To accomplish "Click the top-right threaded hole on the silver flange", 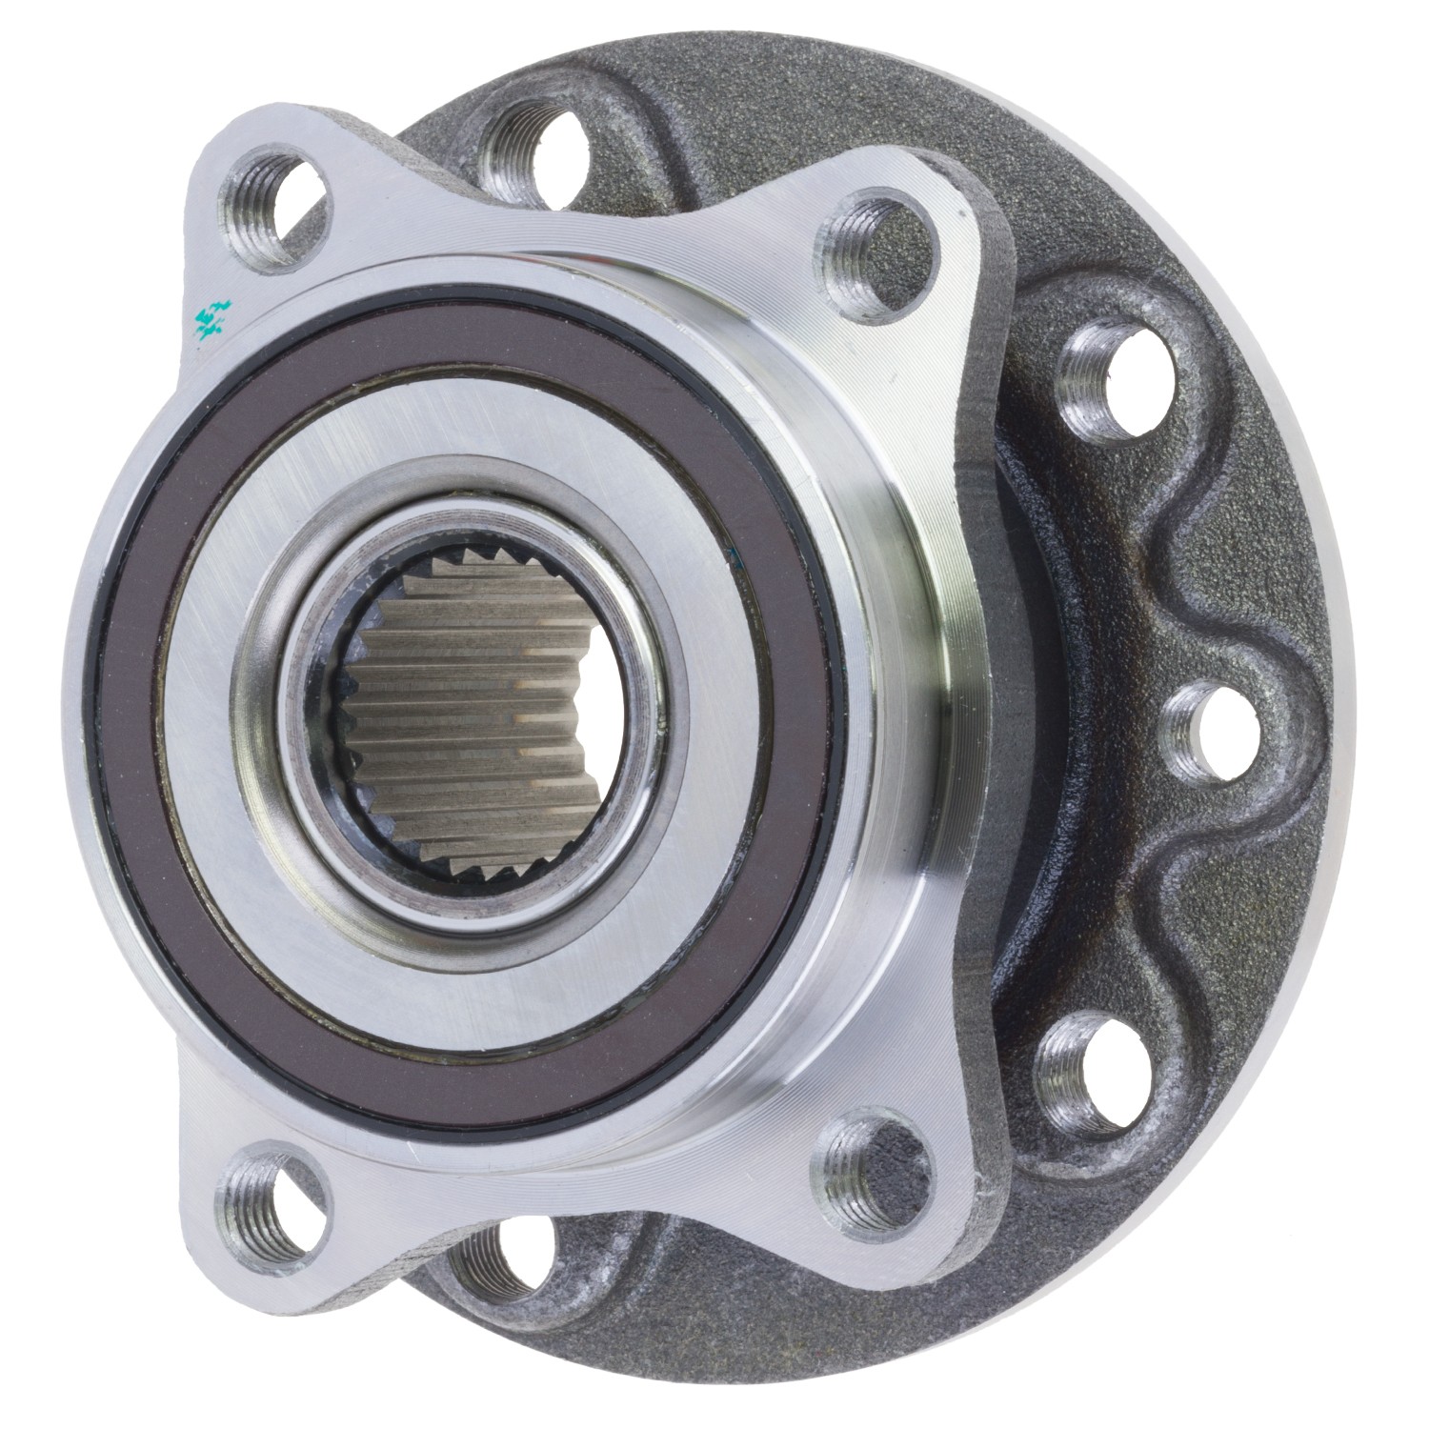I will point(877,246).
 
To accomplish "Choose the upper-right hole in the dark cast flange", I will point(1109,382).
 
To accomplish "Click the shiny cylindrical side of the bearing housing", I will point(915,762).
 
